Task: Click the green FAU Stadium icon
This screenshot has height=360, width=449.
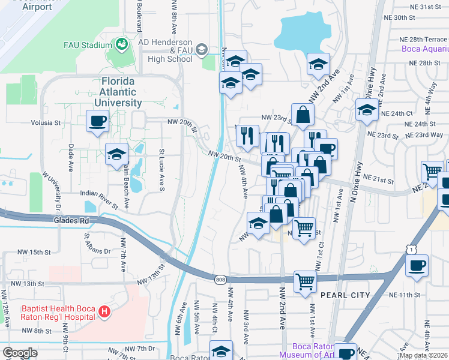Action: point(121,44)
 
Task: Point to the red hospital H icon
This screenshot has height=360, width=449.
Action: point(104,311)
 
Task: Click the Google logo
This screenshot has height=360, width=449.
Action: point(20,353)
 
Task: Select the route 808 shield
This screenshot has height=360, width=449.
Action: point(220,278)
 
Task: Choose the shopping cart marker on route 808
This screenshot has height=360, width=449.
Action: point(306,281)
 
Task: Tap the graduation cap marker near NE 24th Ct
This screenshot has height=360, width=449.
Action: point(367,110)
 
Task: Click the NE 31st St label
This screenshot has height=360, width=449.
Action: point(428,7)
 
